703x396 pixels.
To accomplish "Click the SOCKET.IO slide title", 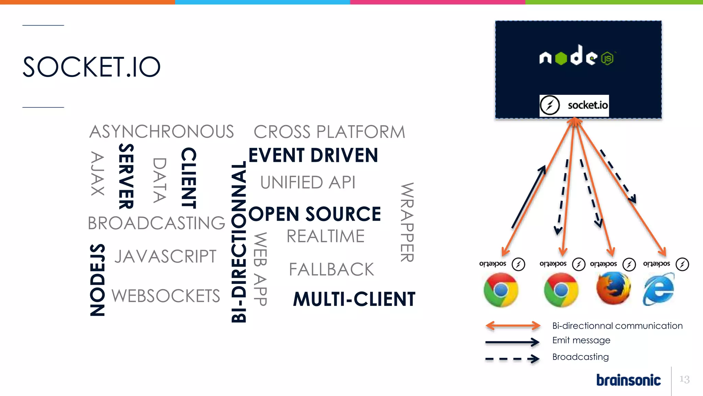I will pyautogui.click(x=91, y=67).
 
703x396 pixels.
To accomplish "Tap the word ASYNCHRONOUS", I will pyautogui.click(x=161, y=132).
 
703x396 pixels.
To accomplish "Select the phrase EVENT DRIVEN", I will pyautogui.click(x=313, y=155).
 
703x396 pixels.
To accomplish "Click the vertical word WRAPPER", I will pyautogui.click(x=407, y=222).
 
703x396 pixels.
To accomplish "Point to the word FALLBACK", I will pyautogui.click(x=331, y=269).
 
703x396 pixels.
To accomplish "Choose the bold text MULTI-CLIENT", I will pyautogui.click(x=354, y=299).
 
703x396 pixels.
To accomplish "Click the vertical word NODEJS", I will pyautogui.click(x=97, y=280).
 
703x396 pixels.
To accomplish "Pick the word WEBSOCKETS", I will pyautogui.click(x=166, y=296).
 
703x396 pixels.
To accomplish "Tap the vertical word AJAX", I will pyautogui.click(x=97, y=174).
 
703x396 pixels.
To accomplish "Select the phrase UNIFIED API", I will pyautogui.click(x=308, y=183).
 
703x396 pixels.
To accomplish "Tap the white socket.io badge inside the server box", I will pyautogui.click(x=574, y=105).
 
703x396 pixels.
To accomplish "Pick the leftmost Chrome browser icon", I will pyautogui.click(x=501, y=290).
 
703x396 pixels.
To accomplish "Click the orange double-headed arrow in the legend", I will pyautogui.click(x=513, y=326).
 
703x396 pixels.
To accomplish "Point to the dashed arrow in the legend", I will pyautogui.click(x=512, y=359).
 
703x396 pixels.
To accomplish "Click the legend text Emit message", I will pyautogui.click(x=581, y=340).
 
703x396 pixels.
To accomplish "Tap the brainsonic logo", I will pyautogui.click(x=628, y=380).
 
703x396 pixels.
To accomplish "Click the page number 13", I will pyautogui.click(x=684, y=379).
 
